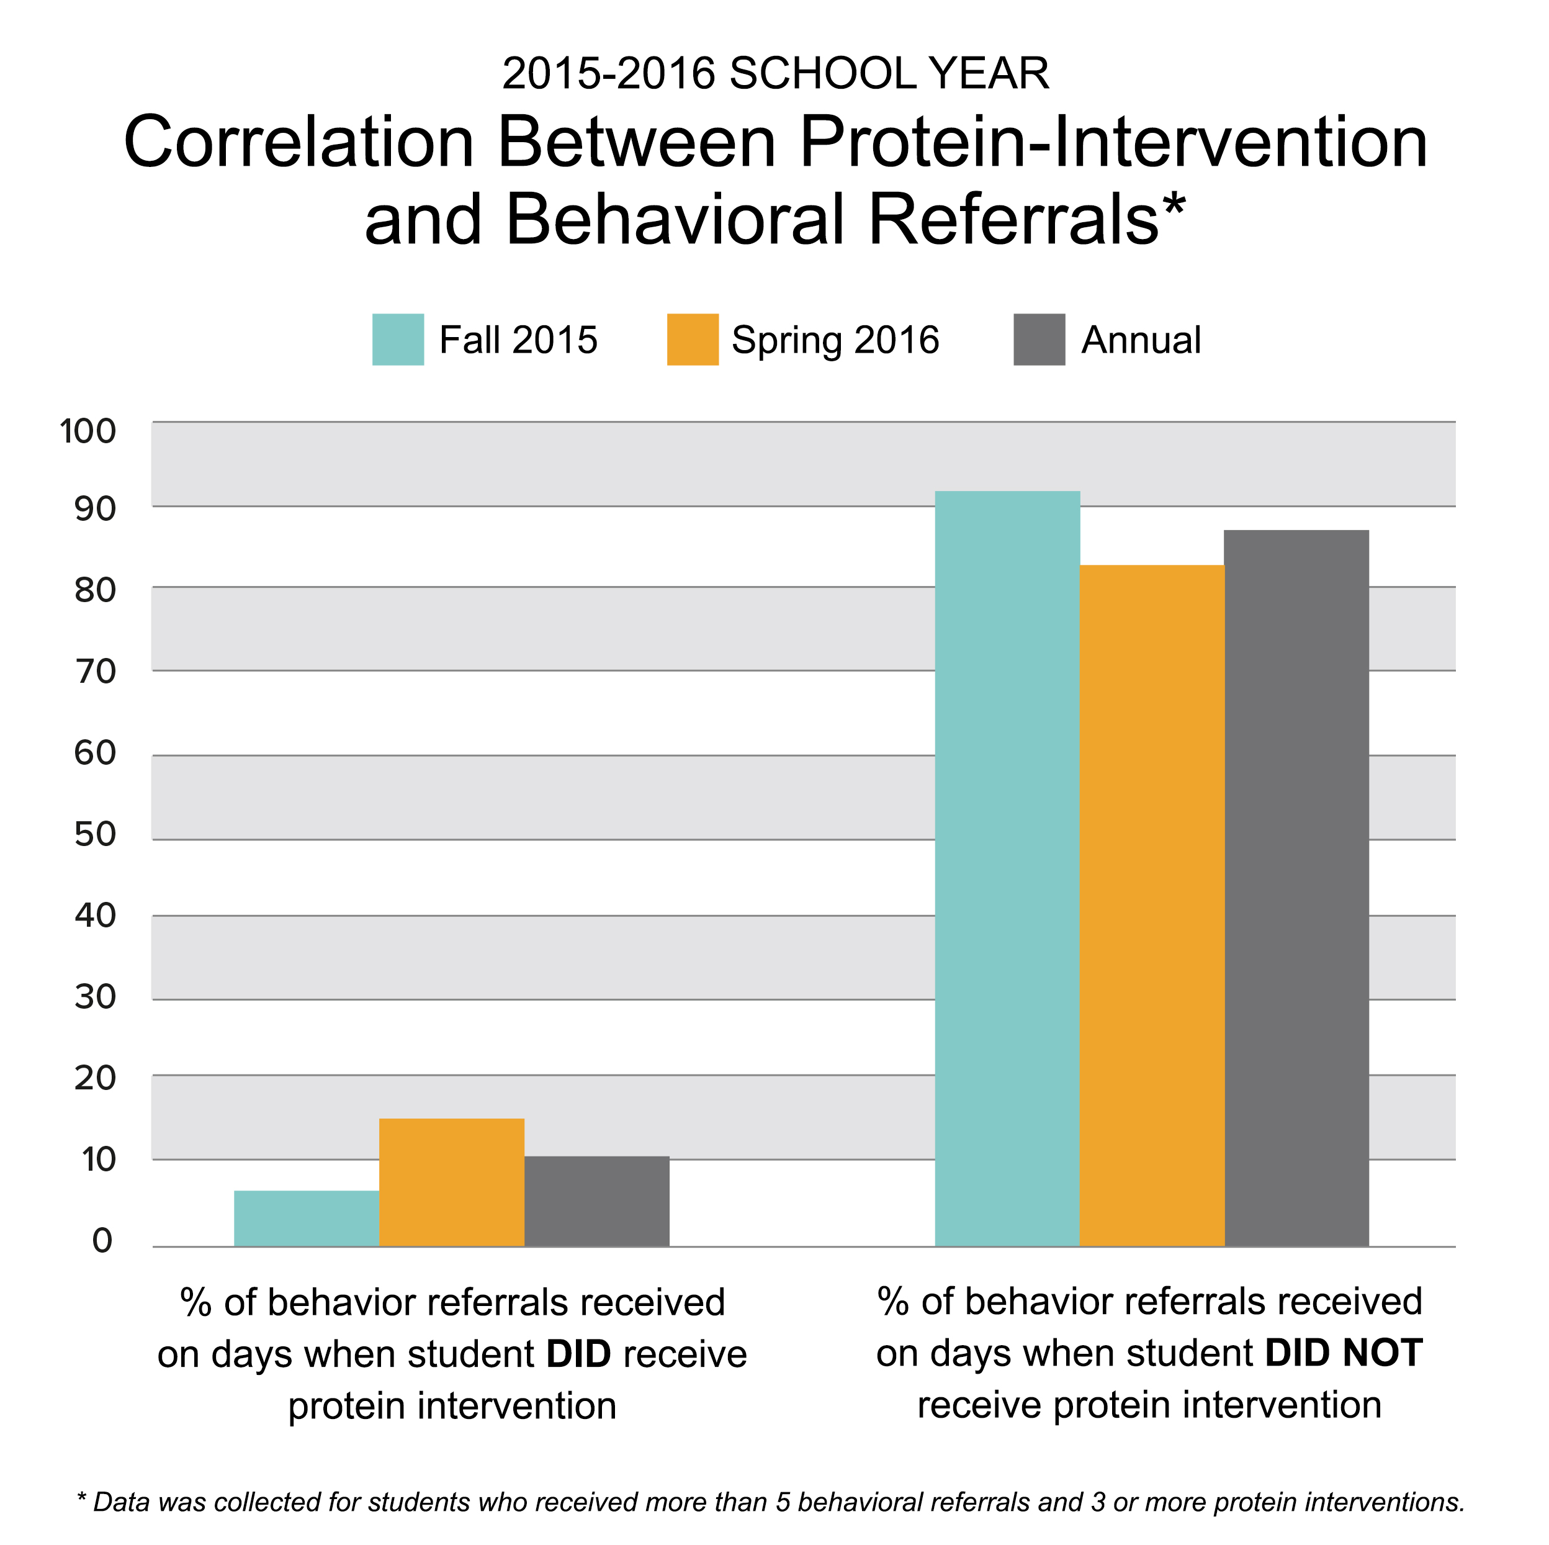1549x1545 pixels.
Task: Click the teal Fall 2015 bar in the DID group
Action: click(307, 1218)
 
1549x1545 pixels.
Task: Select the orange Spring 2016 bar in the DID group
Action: click(451, 1182)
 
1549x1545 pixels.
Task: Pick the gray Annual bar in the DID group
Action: click(596, 1201)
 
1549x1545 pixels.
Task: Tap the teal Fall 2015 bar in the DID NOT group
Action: click(1007, 868)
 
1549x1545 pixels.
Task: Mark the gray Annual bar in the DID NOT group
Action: click(1296, 888)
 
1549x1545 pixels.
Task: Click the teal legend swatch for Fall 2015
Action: click(398, 340)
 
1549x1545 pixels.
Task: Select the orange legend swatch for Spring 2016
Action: click(693, 340)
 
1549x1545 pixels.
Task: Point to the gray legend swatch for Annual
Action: click(1039, 340)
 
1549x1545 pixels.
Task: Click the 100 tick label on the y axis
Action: click(88, 431)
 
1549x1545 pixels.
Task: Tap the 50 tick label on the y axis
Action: click(96, 835)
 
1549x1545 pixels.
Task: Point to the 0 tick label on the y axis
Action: click(102, 1240)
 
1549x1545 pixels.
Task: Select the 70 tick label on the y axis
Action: click(96, 672)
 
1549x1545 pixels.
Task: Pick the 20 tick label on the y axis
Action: click(96, 1078)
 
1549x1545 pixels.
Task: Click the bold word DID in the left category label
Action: click(579, 1354)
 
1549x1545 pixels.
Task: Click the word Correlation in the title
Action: click(299, 142)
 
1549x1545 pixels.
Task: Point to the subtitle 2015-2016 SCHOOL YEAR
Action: click(775, 74)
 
